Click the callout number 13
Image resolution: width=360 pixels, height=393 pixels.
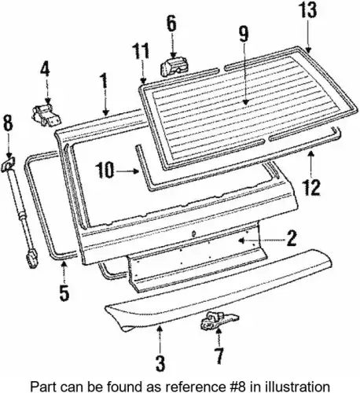pyautogui.click(x=307, y=11)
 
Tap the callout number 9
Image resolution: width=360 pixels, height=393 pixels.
pyautogui.click(x=244, y=34)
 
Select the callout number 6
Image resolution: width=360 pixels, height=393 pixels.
pyautogui.click(x=171, y=24)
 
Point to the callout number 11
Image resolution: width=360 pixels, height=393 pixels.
pyautogui.click(x=141, y=50)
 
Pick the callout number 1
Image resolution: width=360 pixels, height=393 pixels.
pyautogui.click(x=105, y=81)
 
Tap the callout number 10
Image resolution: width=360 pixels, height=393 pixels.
pyautogui.click(x=105, y=170)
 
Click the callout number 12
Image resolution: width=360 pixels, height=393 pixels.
pyautogui.click(x=311, y=187)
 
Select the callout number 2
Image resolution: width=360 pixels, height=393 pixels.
pyautogui.click(x=292, y=238)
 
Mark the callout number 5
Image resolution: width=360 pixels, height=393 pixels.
pyautogui.click(x=64, y=292)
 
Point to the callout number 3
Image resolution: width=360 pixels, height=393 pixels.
pyautogui.click(x=160, y=363)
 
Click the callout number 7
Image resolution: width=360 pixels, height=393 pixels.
pyautogui.click(x=219, y=356)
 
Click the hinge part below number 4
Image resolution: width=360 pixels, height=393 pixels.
pyautogui.click(x=46, y=116)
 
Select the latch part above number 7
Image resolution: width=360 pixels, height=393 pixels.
pyautogui.click(x=219, y=320)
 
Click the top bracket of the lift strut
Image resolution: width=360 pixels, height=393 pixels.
pyautogui.click(x=9, y=164)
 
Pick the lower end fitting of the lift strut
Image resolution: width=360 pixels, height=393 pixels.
pyautogui.click(x=31, y=259)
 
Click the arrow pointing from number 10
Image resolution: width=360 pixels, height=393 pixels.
pyautogui.click(x=127, y=171)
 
